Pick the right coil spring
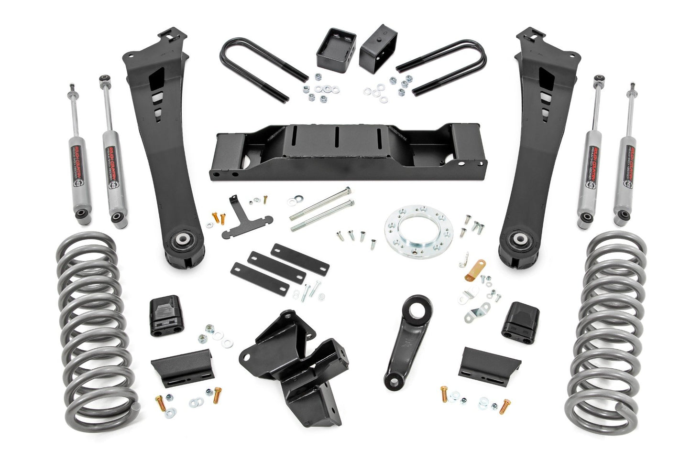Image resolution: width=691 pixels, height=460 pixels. pyautogui.click(x=605, y=330)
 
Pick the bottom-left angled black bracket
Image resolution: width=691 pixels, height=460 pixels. pyautogui.click(x=182, y=365)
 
